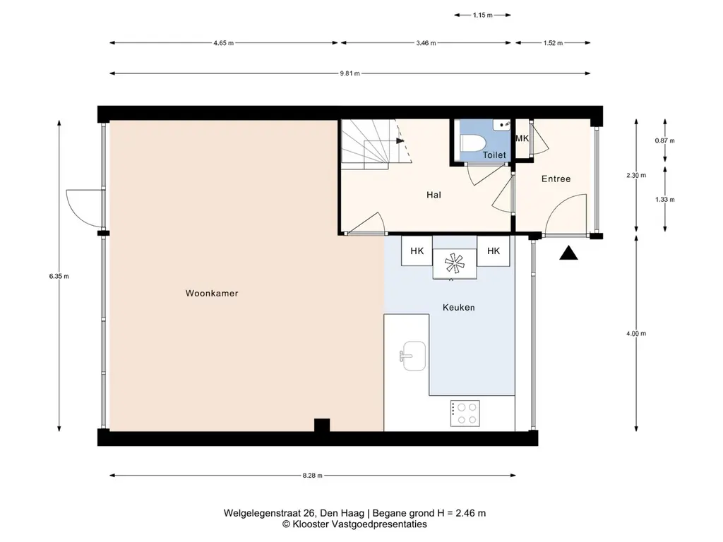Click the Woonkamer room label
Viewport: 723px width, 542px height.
[212, 293]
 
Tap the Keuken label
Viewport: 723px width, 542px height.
[458, 308]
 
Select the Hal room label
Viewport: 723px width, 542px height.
[434, 195]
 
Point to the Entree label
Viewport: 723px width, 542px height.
[556, 179]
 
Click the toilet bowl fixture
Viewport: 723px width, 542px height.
[472, 143]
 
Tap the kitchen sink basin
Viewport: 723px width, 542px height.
[414, 356]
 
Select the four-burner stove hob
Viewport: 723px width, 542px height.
[465, 414]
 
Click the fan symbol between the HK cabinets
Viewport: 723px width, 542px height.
[455, 263]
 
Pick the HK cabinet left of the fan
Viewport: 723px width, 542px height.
[417, 251]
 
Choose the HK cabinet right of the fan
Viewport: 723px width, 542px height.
[494, 251]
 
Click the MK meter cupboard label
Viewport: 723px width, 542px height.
[522, 138]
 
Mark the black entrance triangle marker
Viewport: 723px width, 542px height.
[568, 253]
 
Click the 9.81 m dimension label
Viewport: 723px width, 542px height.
[350, 73]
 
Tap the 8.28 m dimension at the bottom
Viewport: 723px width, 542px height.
[313, 476]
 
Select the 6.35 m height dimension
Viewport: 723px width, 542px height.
[59, 277]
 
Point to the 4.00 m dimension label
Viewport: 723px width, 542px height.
[636, 334]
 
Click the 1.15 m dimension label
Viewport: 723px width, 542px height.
[483, 16]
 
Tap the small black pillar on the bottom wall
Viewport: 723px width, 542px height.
[322, 425]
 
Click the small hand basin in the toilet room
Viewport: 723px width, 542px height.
[502, 124]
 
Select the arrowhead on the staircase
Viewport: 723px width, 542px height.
[400, 140]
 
